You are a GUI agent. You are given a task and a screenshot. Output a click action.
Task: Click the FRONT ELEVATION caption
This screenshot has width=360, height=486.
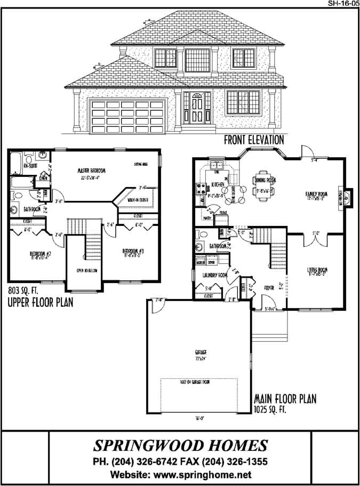click(254, 140)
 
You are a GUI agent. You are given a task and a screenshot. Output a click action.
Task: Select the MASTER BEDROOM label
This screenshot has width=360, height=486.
click(91, 171)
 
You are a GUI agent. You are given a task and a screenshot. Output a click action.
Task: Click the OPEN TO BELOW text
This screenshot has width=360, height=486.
click(85, 271)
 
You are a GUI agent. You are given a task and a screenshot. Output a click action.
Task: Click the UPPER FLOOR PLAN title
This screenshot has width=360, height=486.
click(40, 303)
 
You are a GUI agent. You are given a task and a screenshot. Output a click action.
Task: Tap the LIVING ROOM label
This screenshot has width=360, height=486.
click(316, 271)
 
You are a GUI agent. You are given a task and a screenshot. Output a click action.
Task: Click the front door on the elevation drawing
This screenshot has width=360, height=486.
click(196, 107)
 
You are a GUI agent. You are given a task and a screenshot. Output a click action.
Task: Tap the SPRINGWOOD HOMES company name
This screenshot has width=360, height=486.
click(180, 446)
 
